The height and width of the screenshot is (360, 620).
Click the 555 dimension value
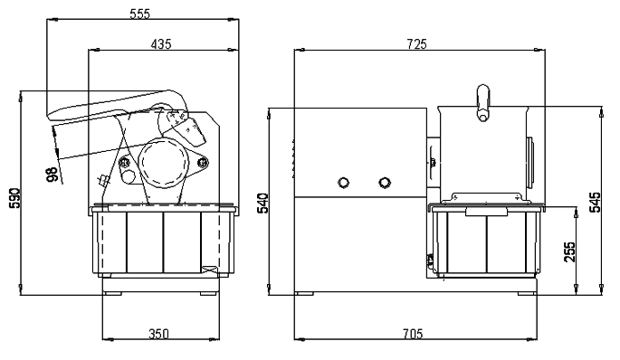pos(140,14)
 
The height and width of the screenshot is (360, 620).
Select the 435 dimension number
pos(161,43)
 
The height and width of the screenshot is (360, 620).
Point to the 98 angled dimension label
pos(52,175)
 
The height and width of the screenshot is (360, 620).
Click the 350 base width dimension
pos(158,334)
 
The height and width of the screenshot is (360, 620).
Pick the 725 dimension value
pos(416,43)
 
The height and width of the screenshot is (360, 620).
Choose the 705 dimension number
pos(413,334)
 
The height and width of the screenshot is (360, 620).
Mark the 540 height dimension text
pos(263,204)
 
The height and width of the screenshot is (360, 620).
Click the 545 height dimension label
pos(595,202)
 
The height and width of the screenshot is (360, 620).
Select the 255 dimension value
pos(570,251)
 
